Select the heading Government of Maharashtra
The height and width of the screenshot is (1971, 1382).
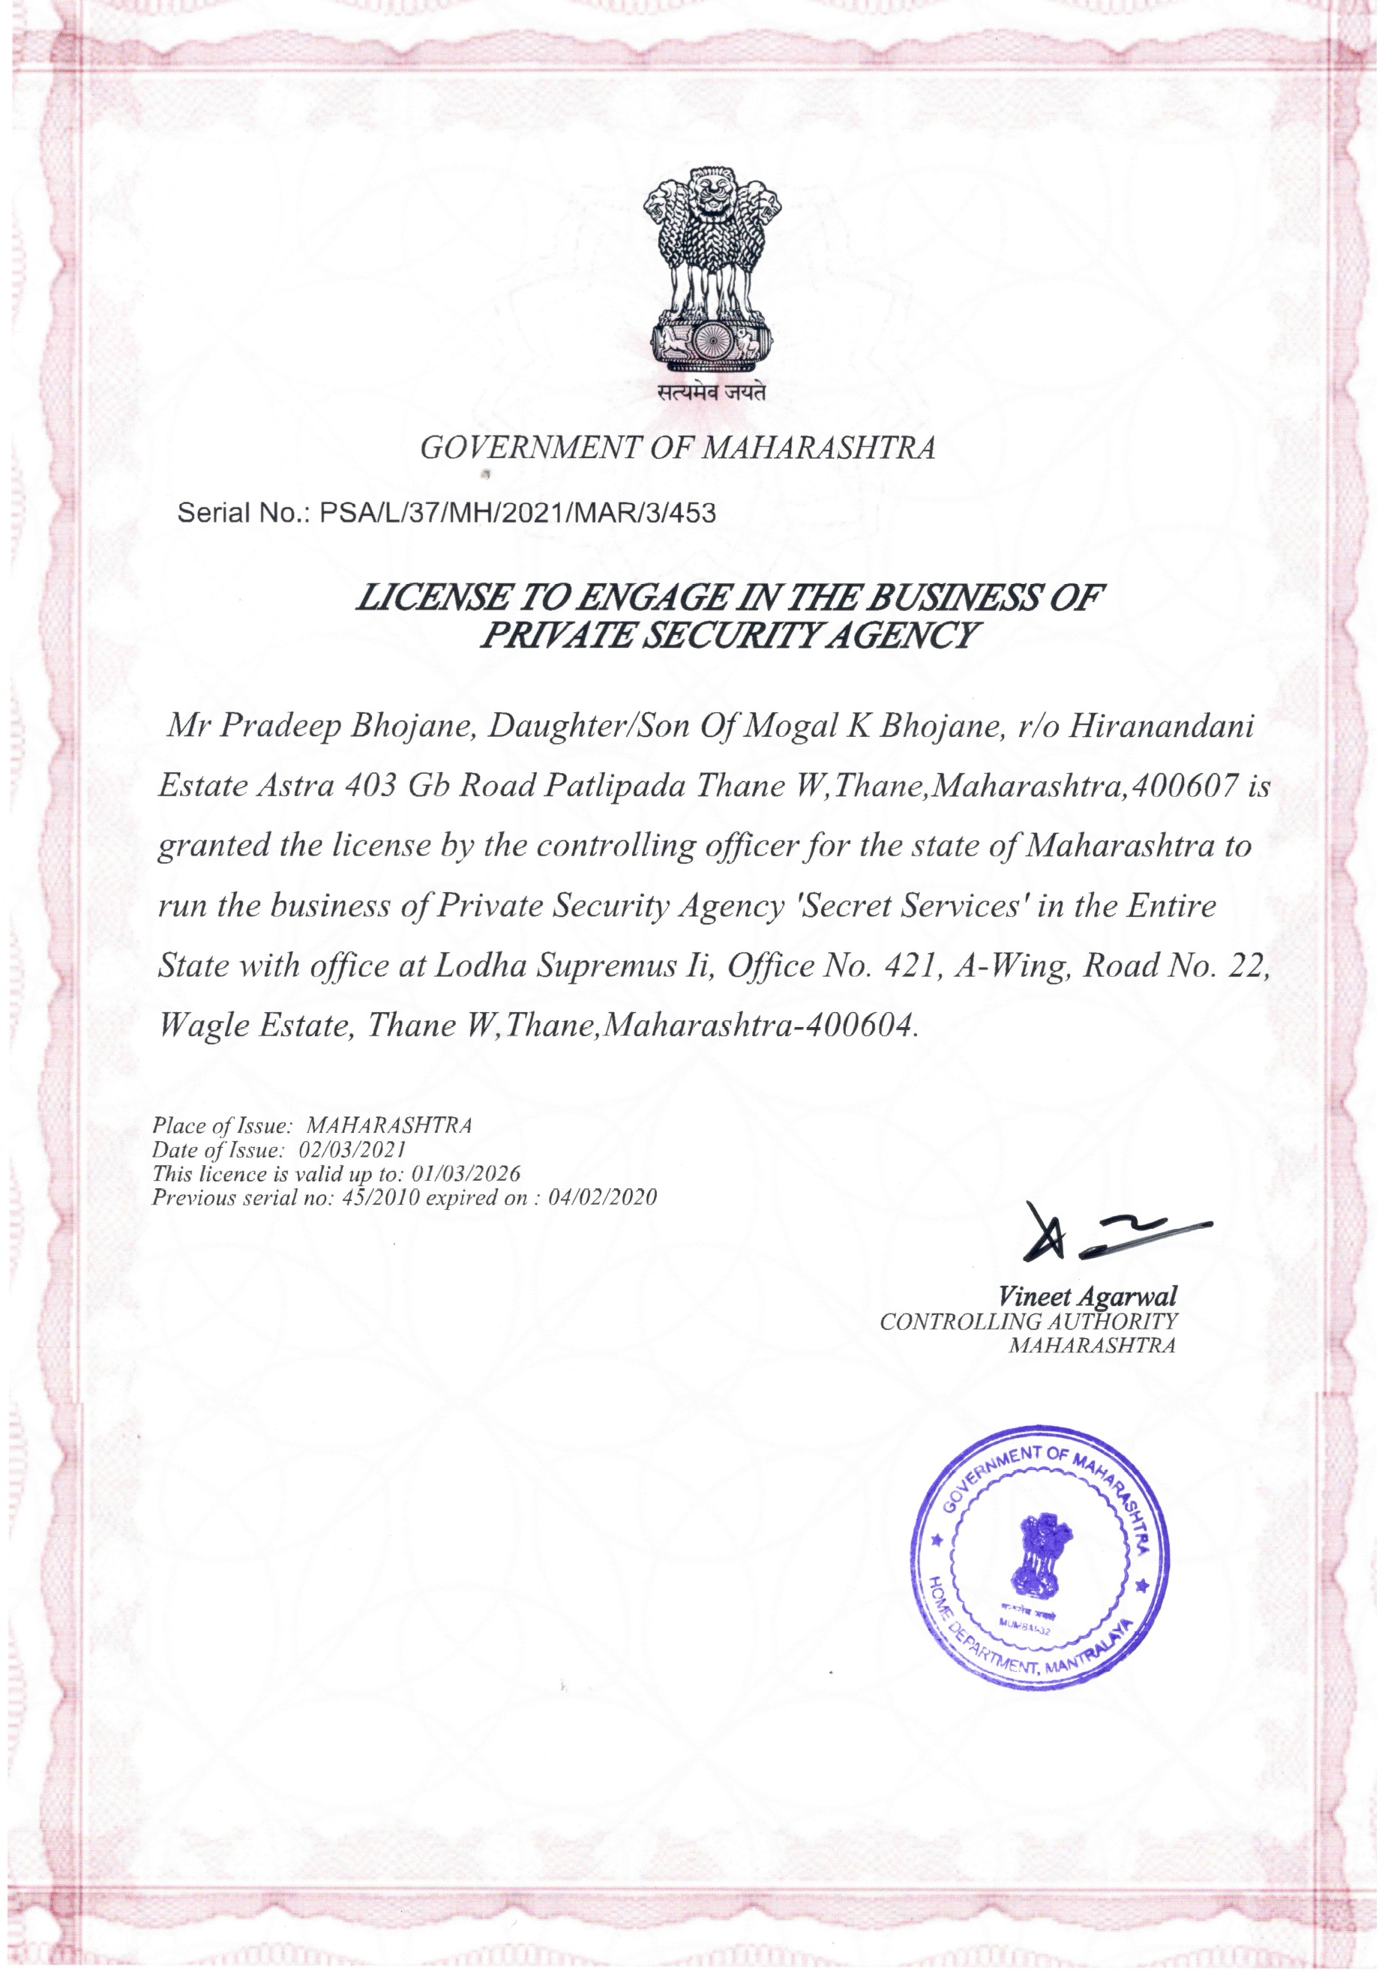pos(677,448)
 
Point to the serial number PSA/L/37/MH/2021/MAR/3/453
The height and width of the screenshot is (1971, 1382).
pos(517,514)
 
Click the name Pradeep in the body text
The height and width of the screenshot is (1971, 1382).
pos(281,726)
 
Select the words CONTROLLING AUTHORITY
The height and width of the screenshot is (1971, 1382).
pos(1028,1322)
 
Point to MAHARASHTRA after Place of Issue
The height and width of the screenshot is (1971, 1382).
pos(389,1125)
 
